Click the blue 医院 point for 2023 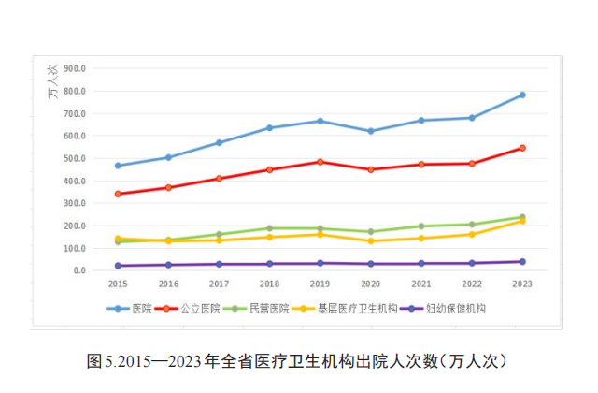(x=522, y=95)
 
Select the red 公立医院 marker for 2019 (x=320, y=162)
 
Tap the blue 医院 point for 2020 (x=371, y=131)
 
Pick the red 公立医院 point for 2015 (x=118, y=194)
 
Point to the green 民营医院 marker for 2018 (x=270, y=228)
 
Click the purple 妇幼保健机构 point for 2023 (x=522, y=262)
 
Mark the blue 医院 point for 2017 (x=219, y=143)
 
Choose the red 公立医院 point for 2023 (x=522, y=148)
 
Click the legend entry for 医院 (x=130, y=308)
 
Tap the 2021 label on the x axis (x=421, y=283)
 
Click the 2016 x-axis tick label (x=168, y=283)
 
